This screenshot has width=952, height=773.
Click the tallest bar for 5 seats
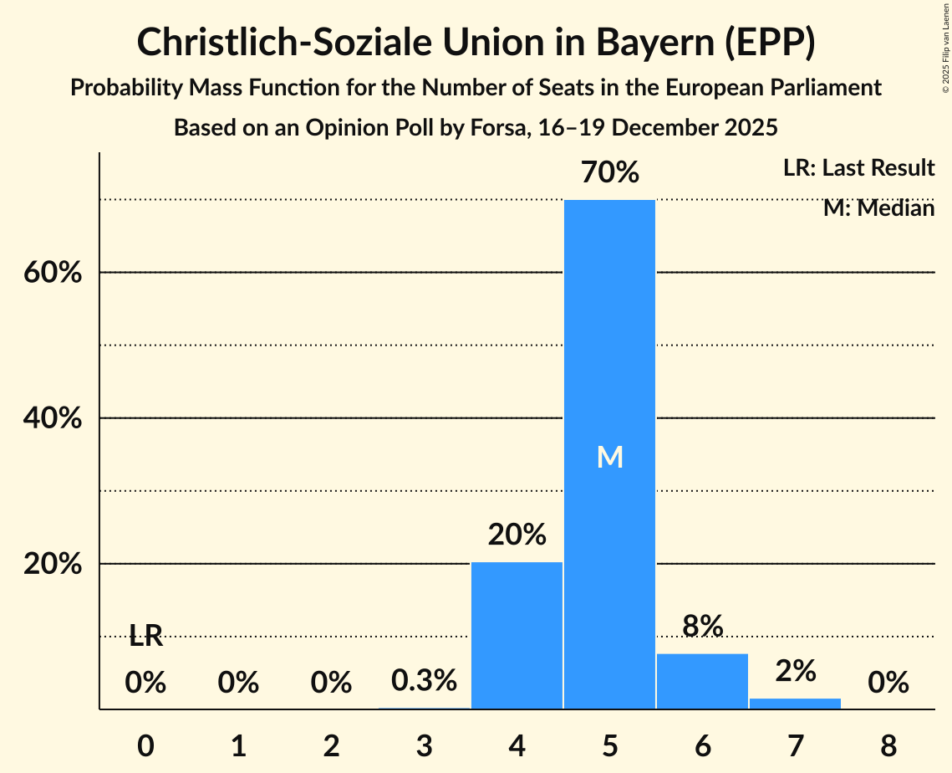[609, 376]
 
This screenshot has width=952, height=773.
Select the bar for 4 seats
[517, 636]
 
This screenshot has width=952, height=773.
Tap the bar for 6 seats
[702, 681]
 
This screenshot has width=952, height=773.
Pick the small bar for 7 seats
[795, 704]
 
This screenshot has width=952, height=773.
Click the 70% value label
[610, 173]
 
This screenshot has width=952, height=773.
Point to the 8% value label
[702, 625]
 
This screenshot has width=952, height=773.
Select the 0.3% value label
[425, 680]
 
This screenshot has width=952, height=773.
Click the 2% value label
[795, 670]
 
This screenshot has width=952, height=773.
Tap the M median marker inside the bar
[610, 457]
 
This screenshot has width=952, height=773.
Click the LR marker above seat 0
[145, 637]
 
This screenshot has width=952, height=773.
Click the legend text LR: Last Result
[858, 168]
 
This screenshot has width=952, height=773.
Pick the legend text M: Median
[878, 207]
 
